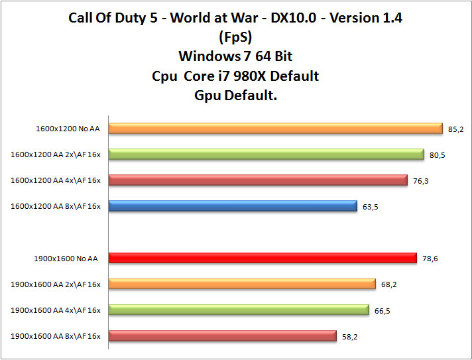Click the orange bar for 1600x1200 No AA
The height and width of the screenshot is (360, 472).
point(275,129)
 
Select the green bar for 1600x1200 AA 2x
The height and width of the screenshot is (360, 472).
point(266,154)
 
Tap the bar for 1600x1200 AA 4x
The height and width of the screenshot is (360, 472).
point(258,180)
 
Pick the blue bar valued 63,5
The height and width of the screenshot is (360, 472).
point(233,206)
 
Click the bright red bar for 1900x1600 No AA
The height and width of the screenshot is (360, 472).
point(263,259)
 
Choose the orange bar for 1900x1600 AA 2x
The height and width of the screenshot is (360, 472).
point(242,284)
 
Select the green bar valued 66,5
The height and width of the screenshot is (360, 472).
point(239,310)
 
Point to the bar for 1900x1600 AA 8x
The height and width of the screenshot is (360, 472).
point(223,336)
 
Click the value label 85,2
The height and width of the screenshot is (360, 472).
point(455,129)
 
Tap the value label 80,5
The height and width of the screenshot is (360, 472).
point(437,155)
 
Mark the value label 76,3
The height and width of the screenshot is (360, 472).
point(420,181)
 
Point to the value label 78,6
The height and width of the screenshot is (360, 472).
point(430,259)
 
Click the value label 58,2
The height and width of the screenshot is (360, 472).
point(350,337)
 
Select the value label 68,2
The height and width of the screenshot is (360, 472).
point(389,285)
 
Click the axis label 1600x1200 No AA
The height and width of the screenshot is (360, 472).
point(68,129)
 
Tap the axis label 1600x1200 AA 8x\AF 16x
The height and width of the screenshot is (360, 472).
point(56,207)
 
